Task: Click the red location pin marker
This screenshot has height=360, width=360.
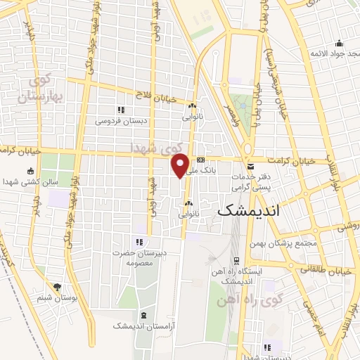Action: (x=181, y=165)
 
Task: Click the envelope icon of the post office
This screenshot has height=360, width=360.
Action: (x=250, y=166)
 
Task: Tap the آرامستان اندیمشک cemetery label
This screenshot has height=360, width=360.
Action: (x=143, y=326)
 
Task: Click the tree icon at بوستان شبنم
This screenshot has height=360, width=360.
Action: (x=58, y=286)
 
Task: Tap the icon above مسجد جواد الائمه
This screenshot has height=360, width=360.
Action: (x=339, y=42)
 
